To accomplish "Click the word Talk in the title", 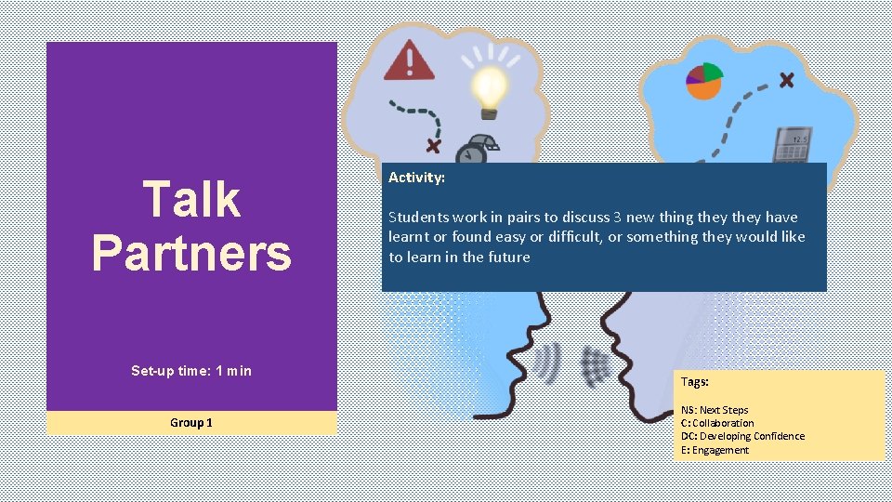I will [x=191, y=199].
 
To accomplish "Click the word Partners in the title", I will [x=191, y=252].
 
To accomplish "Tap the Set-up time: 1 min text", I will [x=191, y=371].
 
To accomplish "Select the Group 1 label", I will [x=191, y=423].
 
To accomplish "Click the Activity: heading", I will [x=416, y=177].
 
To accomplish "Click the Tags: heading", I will [x=695, y=382].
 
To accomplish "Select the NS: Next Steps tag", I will [x=715, y=410].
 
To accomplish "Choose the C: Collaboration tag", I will [x=717, y=423].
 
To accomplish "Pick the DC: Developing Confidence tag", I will [x=742, y=436].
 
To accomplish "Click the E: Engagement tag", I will [x=715, y=450].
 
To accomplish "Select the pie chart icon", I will [x=704, y=81].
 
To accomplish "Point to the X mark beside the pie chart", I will [x=786, y=80].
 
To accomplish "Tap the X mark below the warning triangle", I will [x=433, y=145].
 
